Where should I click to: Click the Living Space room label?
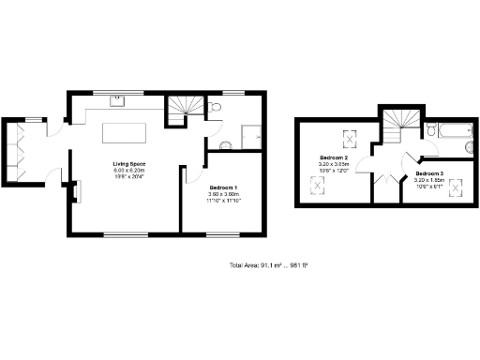(129, 164)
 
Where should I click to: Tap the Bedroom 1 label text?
(223, 187)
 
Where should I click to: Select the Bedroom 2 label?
(334, 157)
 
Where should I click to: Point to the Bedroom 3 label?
(429, 173)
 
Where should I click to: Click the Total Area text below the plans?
(269, 265)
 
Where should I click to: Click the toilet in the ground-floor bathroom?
(216, 111)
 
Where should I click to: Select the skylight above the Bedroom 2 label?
(351, 138)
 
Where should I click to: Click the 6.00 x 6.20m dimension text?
(129, 170)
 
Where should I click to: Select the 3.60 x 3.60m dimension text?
(223, 194)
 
